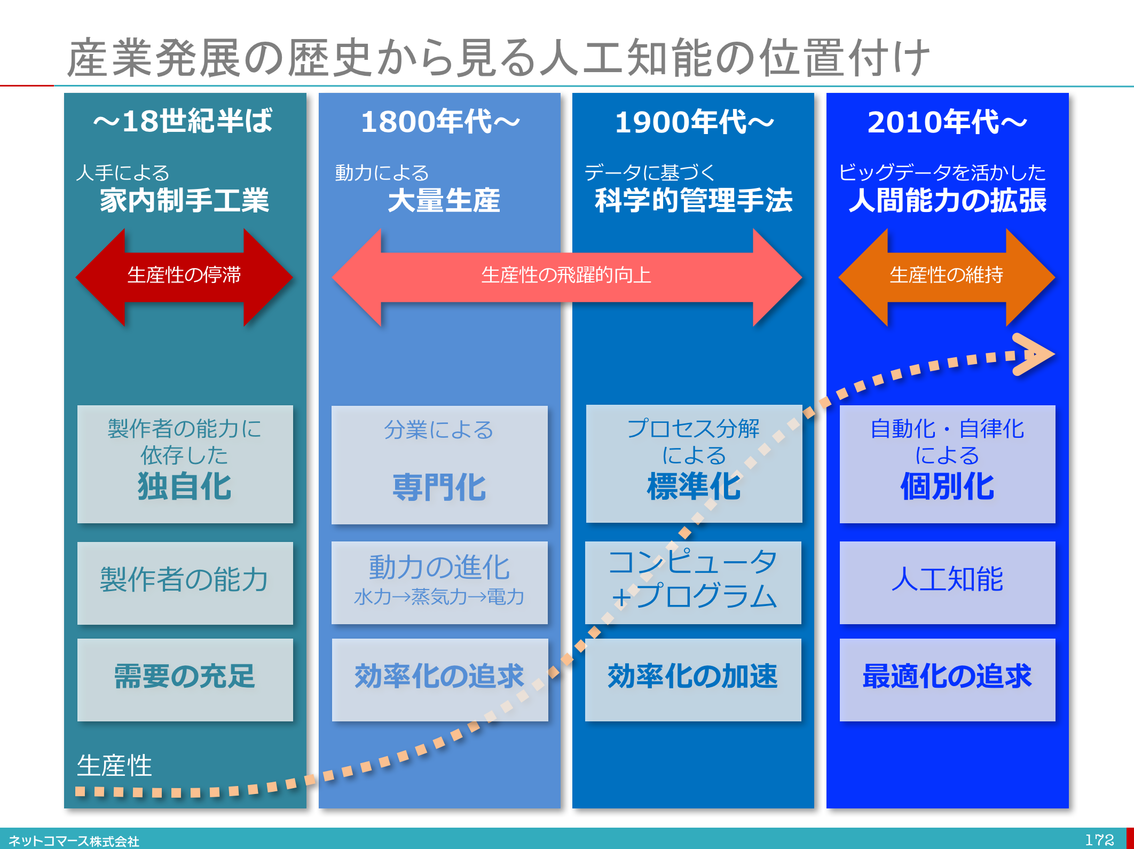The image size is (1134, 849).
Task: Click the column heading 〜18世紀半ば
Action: pos(183,121)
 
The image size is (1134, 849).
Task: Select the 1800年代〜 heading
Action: pos(440,122)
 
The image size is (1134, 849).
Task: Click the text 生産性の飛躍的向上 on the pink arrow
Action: pos(566,276)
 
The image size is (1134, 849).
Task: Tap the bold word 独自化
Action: pos(185,486)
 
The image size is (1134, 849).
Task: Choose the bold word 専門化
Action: pos(439,488)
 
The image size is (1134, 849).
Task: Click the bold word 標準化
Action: pos(694,486)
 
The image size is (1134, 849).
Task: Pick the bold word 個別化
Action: pos(947,486)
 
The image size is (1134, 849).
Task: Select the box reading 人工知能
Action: pos(947,581)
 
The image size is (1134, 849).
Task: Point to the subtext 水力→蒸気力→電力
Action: pos(439,597)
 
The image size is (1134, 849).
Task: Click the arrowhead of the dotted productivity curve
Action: pos(1034,354)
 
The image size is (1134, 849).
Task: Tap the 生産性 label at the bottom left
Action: pos(114,766)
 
